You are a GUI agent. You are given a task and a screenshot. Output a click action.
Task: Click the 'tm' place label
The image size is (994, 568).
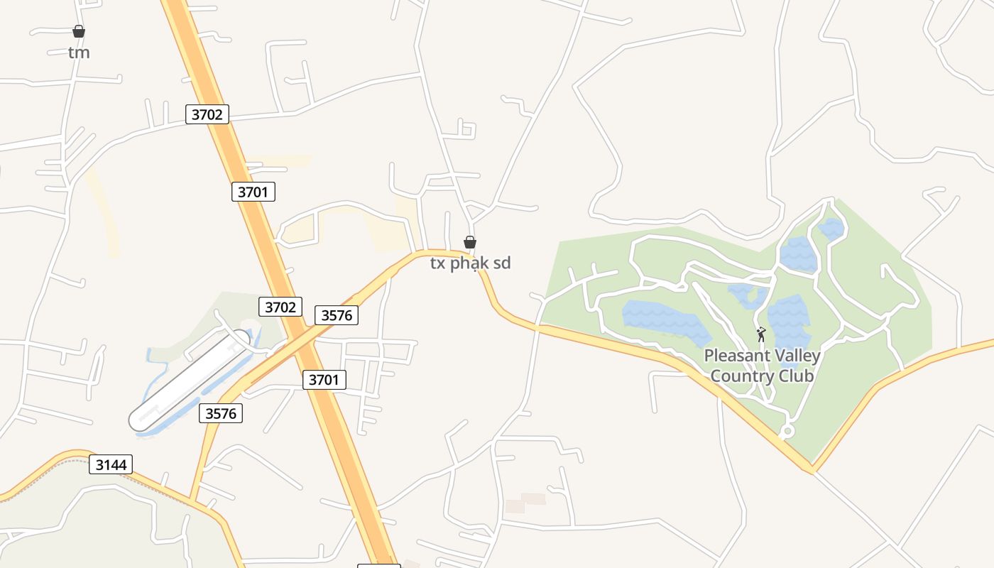point(79,53)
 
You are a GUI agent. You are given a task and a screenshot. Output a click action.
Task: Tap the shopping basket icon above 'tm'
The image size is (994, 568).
point(79,31)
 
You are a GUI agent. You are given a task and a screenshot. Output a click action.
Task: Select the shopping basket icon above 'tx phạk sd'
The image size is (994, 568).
point(469,242)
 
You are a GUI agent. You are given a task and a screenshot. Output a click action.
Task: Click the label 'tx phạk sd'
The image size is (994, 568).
point(470,263)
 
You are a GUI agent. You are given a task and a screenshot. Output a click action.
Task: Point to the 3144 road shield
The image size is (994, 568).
point(111,465)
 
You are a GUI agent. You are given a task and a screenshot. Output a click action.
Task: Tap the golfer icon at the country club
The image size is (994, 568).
point(761,334)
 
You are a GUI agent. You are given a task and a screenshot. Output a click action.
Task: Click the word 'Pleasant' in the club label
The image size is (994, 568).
point(736,356)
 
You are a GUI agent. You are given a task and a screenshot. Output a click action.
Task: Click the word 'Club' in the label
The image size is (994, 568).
point(795,376)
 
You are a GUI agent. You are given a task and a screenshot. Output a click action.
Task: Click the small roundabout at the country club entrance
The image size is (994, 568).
point(787,431)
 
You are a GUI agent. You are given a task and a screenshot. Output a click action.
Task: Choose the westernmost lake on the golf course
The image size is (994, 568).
point(664,319)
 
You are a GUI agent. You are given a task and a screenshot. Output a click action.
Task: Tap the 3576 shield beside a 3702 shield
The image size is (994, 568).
point(337,315)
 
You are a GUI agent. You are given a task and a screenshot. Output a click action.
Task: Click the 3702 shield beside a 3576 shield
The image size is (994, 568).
point(280,307)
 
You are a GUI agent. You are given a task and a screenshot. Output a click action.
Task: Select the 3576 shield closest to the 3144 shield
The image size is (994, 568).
point(221,413)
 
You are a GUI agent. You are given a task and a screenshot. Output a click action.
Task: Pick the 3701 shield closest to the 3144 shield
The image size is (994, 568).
point(324,380)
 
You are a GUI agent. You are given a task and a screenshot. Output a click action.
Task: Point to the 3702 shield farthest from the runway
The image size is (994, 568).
point(207,114)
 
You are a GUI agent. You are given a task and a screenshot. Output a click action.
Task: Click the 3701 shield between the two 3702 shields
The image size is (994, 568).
point(253,192)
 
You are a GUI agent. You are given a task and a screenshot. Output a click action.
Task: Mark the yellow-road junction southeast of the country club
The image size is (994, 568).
point(812,469)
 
